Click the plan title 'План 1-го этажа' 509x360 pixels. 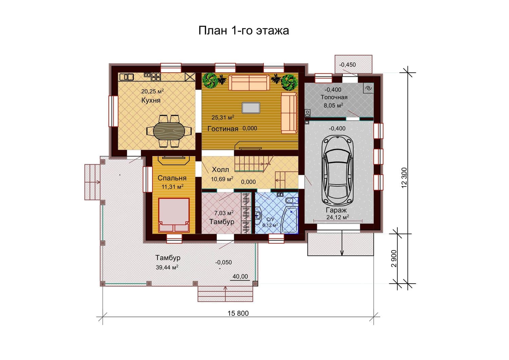coord(244,31)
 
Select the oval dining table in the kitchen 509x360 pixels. coord(169,131)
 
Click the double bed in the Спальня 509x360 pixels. coord(174,215)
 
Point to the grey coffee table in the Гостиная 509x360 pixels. coord(251,108)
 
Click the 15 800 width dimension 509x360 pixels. coord(238,314)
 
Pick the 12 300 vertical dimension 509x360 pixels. coord(404,178)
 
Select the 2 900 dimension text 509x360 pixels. coord(394,259)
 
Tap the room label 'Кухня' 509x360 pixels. coord(151,100)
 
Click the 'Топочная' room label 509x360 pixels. coord(334,97)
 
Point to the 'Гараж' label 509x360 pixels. coord(336,210)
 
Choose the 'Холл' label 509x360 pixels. coord(221,170)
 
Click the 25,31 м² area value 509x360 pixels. coord(223,117)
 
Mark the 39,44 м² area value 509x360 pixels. coord(167,267)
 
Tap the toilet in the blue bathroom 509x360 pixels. coord(291,200)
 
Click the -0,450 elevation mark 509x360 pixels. coord(347,65)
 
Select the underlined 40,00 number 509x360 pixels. coord(240,277)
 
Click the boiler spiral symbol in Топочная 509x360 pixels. coord(369,88)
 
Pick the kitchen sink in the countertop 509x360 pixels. coord(127,77)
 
